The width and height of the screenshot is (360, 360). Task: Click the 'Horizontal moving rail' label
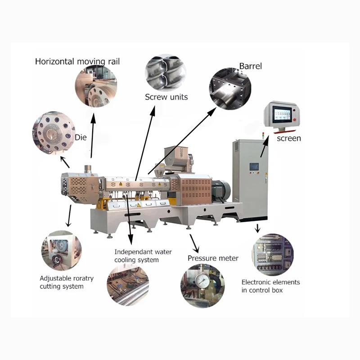click(77, 61)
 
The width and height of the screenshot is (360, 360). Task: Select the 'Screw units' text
click(166, 97)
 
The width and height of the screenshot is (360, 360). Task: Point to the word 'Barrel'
click(250, 66)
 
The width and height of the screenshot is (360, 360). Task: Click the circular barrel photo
click(230, 88)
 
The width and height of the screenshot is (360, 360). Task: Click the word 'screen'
click(288, 138)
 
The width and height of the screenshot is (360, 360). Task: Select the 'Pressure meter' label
click(213, 258)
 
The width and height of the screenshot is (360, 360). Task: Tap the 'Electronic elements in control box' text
click(270, 286)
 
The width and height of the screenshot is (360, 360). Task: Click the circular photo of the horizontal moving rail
click(95, 85)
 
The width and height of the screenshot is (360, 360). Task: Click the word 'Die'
click(81, 137)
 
